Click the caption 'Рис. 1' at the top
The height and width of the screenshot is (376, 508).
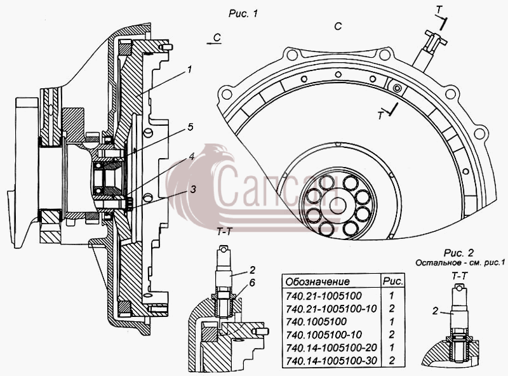[243, 13]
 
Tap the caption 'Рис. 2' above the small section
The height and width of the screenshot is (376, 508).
[458, 253]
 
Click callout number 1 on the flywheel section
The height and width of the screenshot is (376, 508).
[189, 69]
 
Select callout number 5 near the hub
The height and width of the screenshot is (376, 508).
[190, 127]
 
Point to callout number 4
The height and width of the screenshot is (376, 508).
[191, 156]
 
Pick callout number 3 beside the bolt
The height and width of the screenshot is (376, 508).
[193, 189]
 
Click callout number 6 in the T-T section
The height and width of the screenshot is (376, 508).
[251, 283]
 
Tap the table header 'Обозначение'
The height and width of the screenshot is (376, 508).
[317, 281]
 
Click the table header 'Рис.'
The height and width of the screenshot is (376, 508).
[393, 281]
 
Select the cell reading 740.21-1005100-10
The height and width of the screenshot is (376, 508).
[331, 308]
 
